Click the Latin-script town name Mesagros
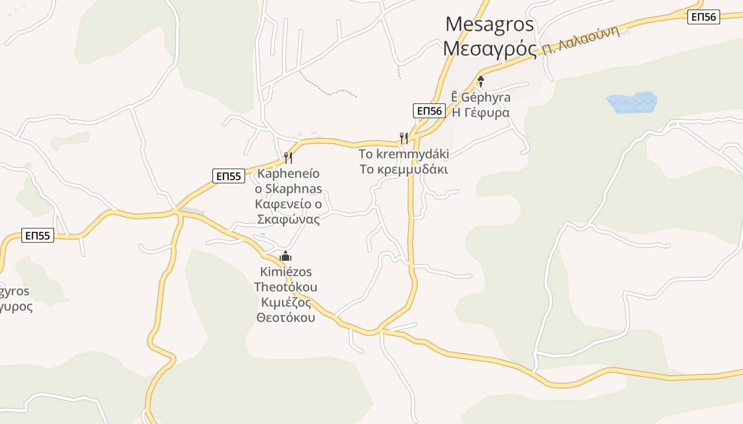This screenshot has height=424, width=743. pyautogui.click(x=489, y=24)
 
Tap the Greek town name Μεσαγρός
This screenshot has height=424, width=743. pyautogui.click(x=489, y=49)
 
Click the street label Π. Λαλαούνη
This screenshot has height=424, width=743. pyautogui.click(x=581, y=41)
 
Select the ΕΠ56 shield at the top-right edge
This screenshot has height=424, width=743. pyautogui.click(x=704, y=17)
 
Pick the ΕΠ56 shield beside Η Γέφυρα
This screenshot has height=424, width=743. pyautogui.click(x=428, y=111)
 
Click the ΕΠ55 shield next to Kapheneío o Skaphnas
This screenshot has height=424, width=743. pyautogui.click(x=229, y=176)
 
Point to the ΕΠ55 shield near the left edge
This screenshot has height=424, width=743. pyautogui.click(x=38, y=235)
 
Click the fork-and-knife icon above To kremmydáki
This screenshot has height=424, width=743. pyautogui.click(x=404, y=138)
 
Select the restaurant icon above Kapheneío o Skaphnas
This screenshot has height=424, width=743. pyautogui.click(x=288, y=157)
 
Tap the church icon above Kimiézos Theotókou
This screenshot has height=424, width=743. pyautogui.click(x=286, y=257)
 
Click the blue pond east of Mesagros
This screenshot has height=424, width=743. pyautogui.click(x=632, y=102)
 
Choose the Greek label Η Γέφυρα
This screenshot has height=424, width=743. pyautogui.click(x=480, y=112)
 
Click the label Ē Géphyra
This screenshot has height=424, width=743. pyautogui.click(x=480, y=98)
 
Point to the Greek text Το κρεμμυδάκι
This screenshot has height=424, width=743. pyautogui.click(x=404, y=170)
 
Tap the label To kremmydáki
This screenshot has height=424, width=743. pyautogui.click(x=404, y=154)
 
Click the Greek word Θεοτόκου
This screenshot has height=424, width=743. pyautogui.click(x=286, y=317)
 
